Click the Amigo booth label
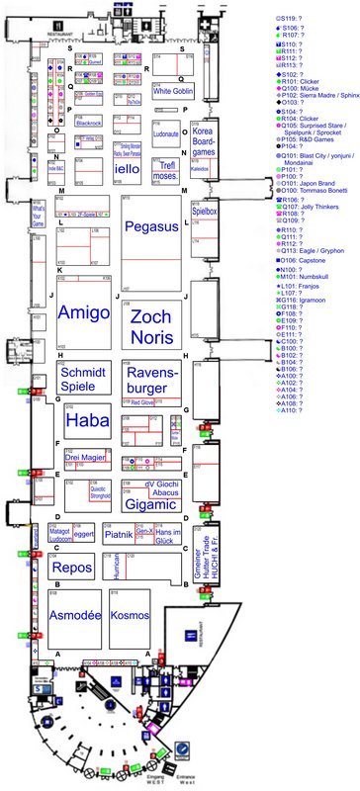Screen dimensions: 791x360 click(x=85, y=312)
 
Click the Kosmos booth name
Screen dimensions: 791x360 click(x=131, y=614)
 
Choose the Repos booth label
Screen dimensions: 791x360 click(x=72, y=569)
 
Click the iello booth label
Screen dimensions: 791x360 click(x=128, y=170)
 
